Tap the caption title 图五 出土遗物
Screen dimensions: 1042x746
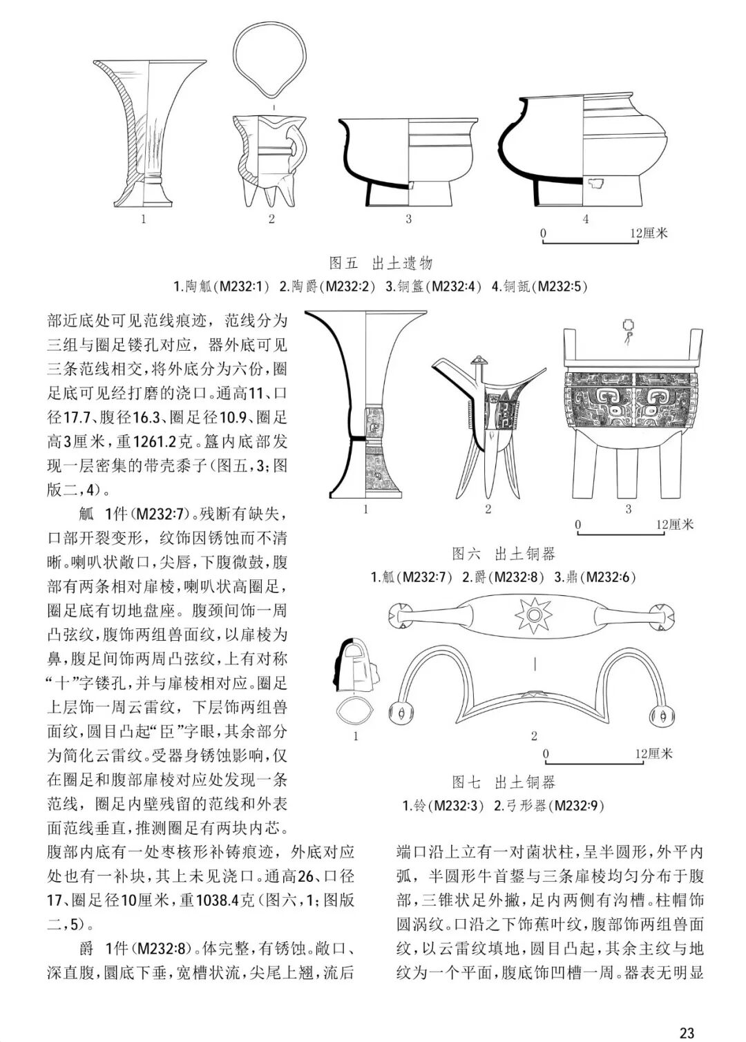(381, 263)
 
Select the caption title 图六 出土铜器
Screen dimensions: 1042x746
(503, 553)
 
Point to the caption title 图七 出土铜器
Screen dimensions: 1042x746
(503, 782)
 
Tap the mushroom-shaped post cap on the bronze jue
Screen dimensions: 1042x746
(477, 361)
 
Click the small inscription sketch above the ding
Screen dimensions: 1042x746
(628, 329)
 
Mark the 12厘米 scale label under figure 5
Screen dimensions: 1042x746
(649, 233)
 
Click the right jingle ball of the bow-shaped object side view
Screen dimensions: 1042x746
(660, 715)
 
